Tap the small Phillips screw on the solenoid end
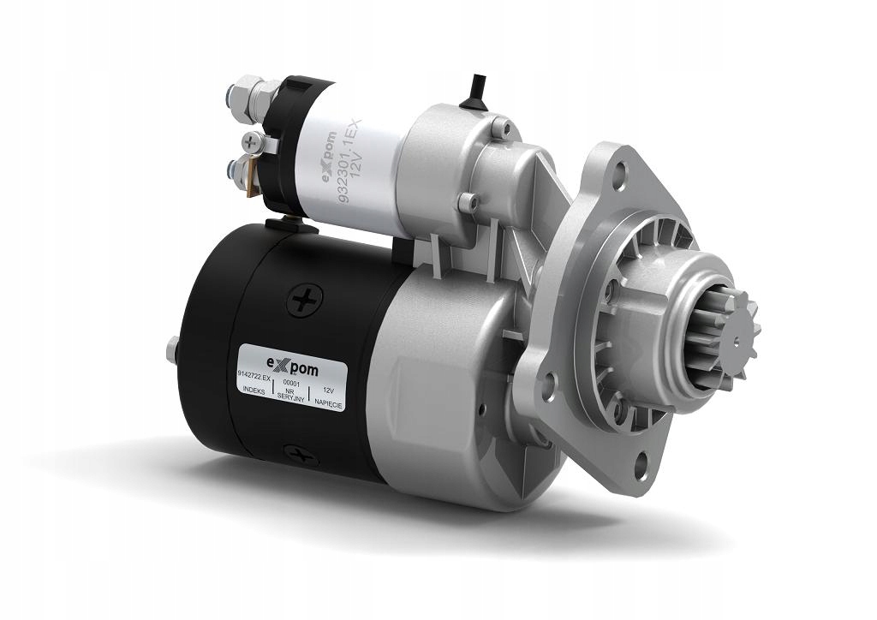(249, 138)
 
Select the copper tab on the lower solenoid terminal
(252, 182)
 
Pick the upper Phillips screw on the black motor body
(304, 300)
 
